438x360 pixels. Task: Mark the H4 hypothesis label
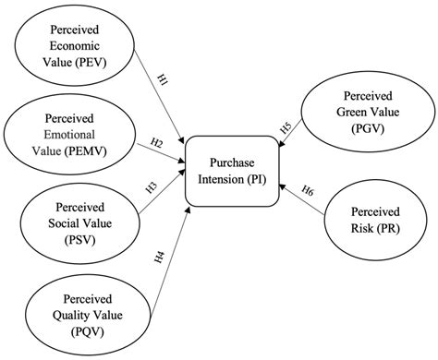click(160, 254)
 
